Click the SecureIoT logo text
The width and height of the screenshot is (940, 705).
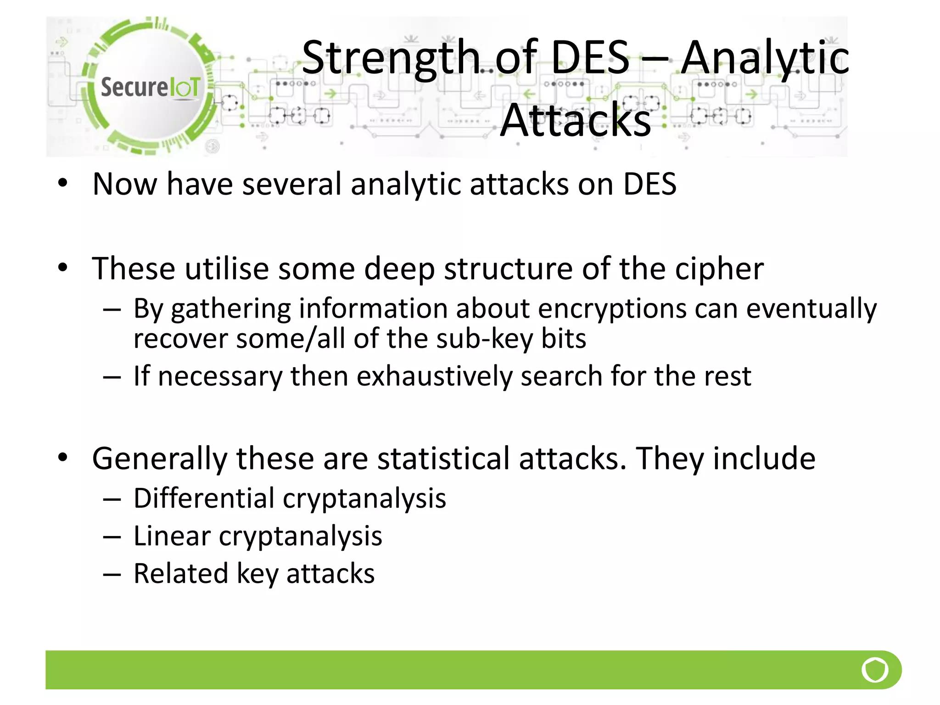pyautogui.click(x=150, y=87)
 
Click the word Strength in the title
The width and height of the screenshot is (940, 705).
pyautogui.click(x=390, y=58)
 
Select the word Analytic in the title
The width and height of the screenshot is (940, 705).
pyautogui.click(x=764, y=59)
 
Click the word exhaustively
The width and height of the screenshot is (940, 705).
pyautogui.click(x=434, y=377)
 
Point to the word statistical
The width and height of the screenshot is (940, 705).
pyautogui.click(x=443, y=459)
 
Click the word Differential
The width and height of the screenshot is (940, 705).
pyautogui.click(x=204, y=498)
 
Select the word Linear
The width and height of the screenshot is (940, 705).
pyautogui.click(x=172, y=536)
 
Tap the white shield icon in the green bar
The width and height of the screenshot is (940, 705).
pyautogui.click(x=875, y=670)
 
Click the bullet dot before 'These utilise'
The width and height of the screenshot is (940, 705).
pyautogui.click(x=63, y=268)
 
